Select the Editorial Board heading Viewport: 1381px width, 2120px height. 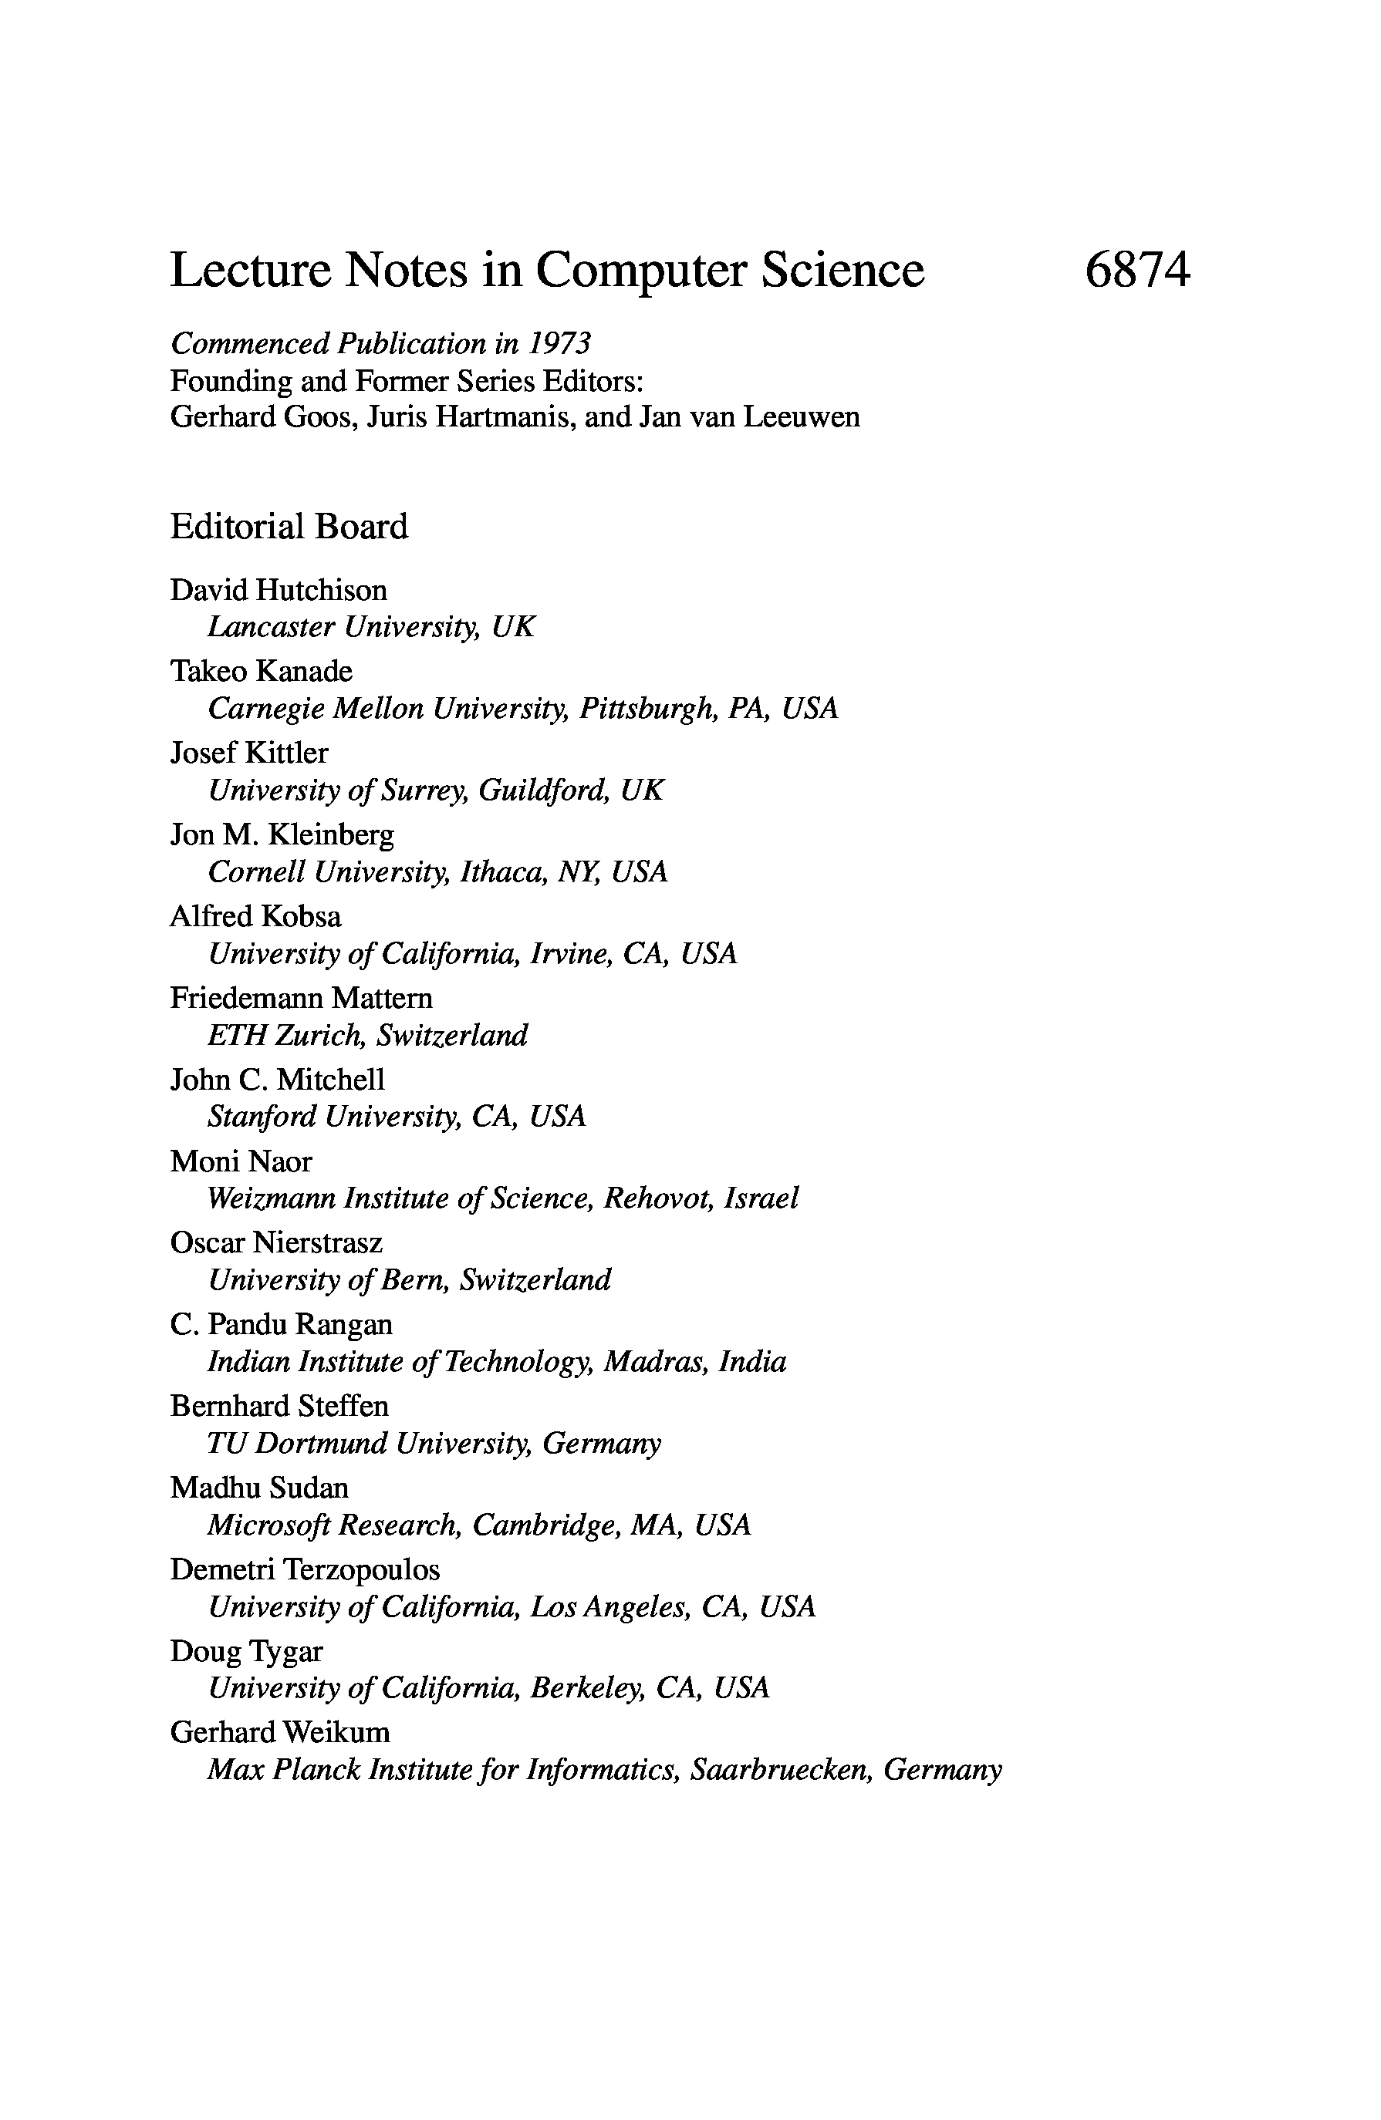[289, 527]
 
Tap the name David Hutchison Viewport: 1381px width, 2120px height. [278, 590]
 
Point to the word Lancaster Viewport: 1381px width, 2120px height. [271, 627]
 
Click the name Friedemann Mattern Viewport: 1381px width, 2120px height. [301, 998]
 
